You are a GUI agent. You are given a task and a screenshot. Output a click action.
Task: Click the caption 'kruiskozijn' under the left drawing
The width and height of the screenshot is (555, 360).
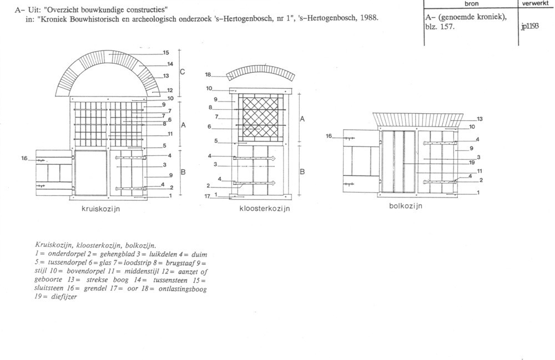click(x=101, y=209)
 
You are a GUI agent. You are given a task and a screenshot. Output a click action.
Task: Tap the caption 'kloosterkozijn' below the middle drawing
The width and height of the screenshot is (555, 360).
click(x=265, y=209)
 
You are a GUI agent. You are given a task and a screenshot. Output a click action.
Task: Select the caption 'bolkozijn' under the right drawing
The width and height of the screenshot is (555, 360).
click(x=406, y=206)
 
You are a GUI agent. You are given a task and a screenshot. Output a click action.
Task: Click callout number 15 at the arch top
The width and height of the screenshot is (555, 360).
click(x=166, y=53)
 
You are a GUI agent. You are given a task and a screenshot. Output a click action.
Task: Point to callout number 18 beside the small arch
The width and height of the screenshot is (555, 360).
click(x=208, y=75)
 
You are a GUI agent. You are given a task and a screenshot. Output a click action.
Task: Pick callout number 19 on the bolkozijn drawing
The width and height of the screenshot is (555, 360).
click(x=472, y=163)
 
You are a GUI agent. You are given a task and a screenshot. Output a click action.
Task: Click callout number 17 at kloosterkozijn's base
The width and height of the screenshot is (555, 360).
click(x=208, y=196)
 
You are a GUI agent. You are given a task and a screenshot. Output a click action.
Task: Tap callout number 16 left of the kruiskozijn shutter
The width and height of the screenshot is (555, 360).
click(x=24, y=158)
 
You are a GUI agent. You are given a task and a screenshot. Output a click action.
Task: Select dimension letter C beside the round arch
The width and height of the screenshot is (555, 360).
click(x=182, y=72)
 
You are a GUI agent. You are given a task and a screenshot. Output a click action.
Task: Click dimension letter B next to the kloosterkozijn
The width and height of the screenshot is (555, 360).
click(x=302, y=172)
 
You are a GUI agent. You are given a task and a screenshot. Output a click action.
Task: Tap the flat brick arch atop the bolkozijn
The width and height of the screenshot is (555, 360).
click(x=418, y=120)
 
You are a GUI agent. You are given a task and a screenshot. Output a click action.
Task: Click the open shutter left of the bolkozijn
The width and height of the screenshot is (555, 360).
click(x=361, y=161)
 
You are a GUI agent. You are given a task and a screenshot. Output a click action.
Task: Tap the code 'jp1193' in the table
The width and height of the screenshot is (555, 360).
click(x=530, y=27)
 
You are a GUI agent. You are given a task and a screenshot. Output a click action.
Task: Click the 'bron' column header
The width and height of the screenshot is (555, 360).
click(x=471, y=4)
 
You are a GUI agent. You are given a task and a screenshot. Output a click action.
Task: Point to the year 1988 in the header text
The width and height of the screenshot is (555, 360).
click(x=369, y=18)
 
